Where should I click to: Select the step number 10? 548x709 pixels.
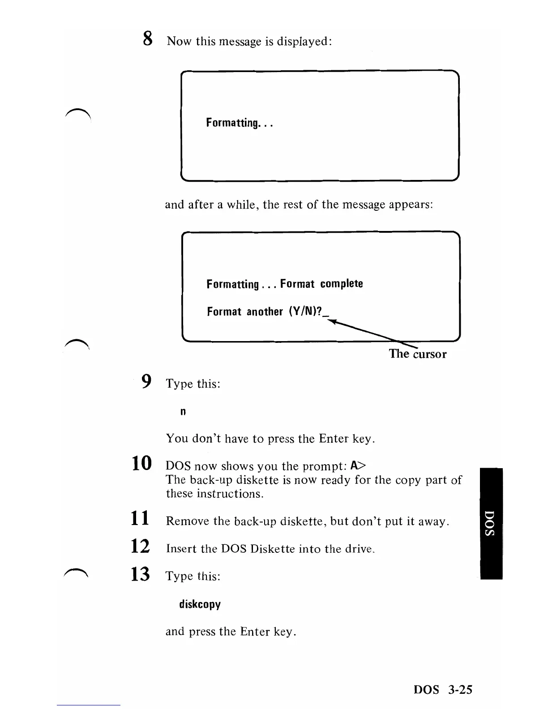point(141,463)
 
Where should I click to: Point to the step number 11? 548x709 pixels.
point(140,518)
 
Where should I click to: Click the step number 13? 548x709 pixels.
point(141,574)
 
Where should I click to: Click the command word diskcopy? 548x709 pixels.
point(200,605)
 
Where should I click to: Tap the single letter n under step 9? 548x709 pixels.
point(183,412)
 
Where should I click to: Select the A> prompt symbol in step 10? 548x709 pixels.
point(358,466)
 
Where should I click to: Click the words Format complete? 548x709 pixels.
point(321,284)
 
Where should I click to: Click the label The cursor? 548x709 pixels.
point(417,354)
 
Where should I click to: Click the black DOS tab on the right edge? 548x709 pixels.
point(491,523)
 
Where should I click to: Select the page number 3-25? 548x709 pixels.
point(459,690)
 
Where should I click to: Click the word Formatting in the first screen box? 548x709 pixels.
point(233,123)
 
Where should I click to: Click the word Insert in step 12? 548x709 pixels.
point(181,549)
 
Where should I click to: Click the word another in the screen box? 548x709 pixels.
point(265,312)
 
